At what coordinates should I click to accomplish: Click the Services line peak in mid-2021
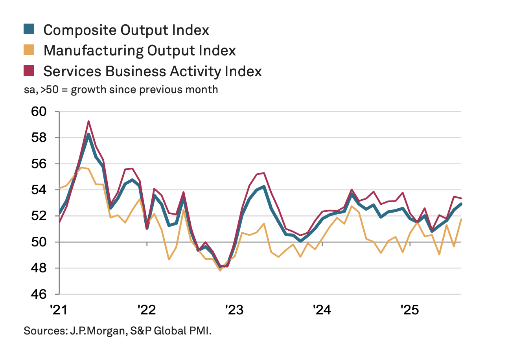click(89, 121)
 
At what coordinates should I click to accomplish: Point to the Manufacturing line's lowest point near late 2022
click(220, 270)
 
